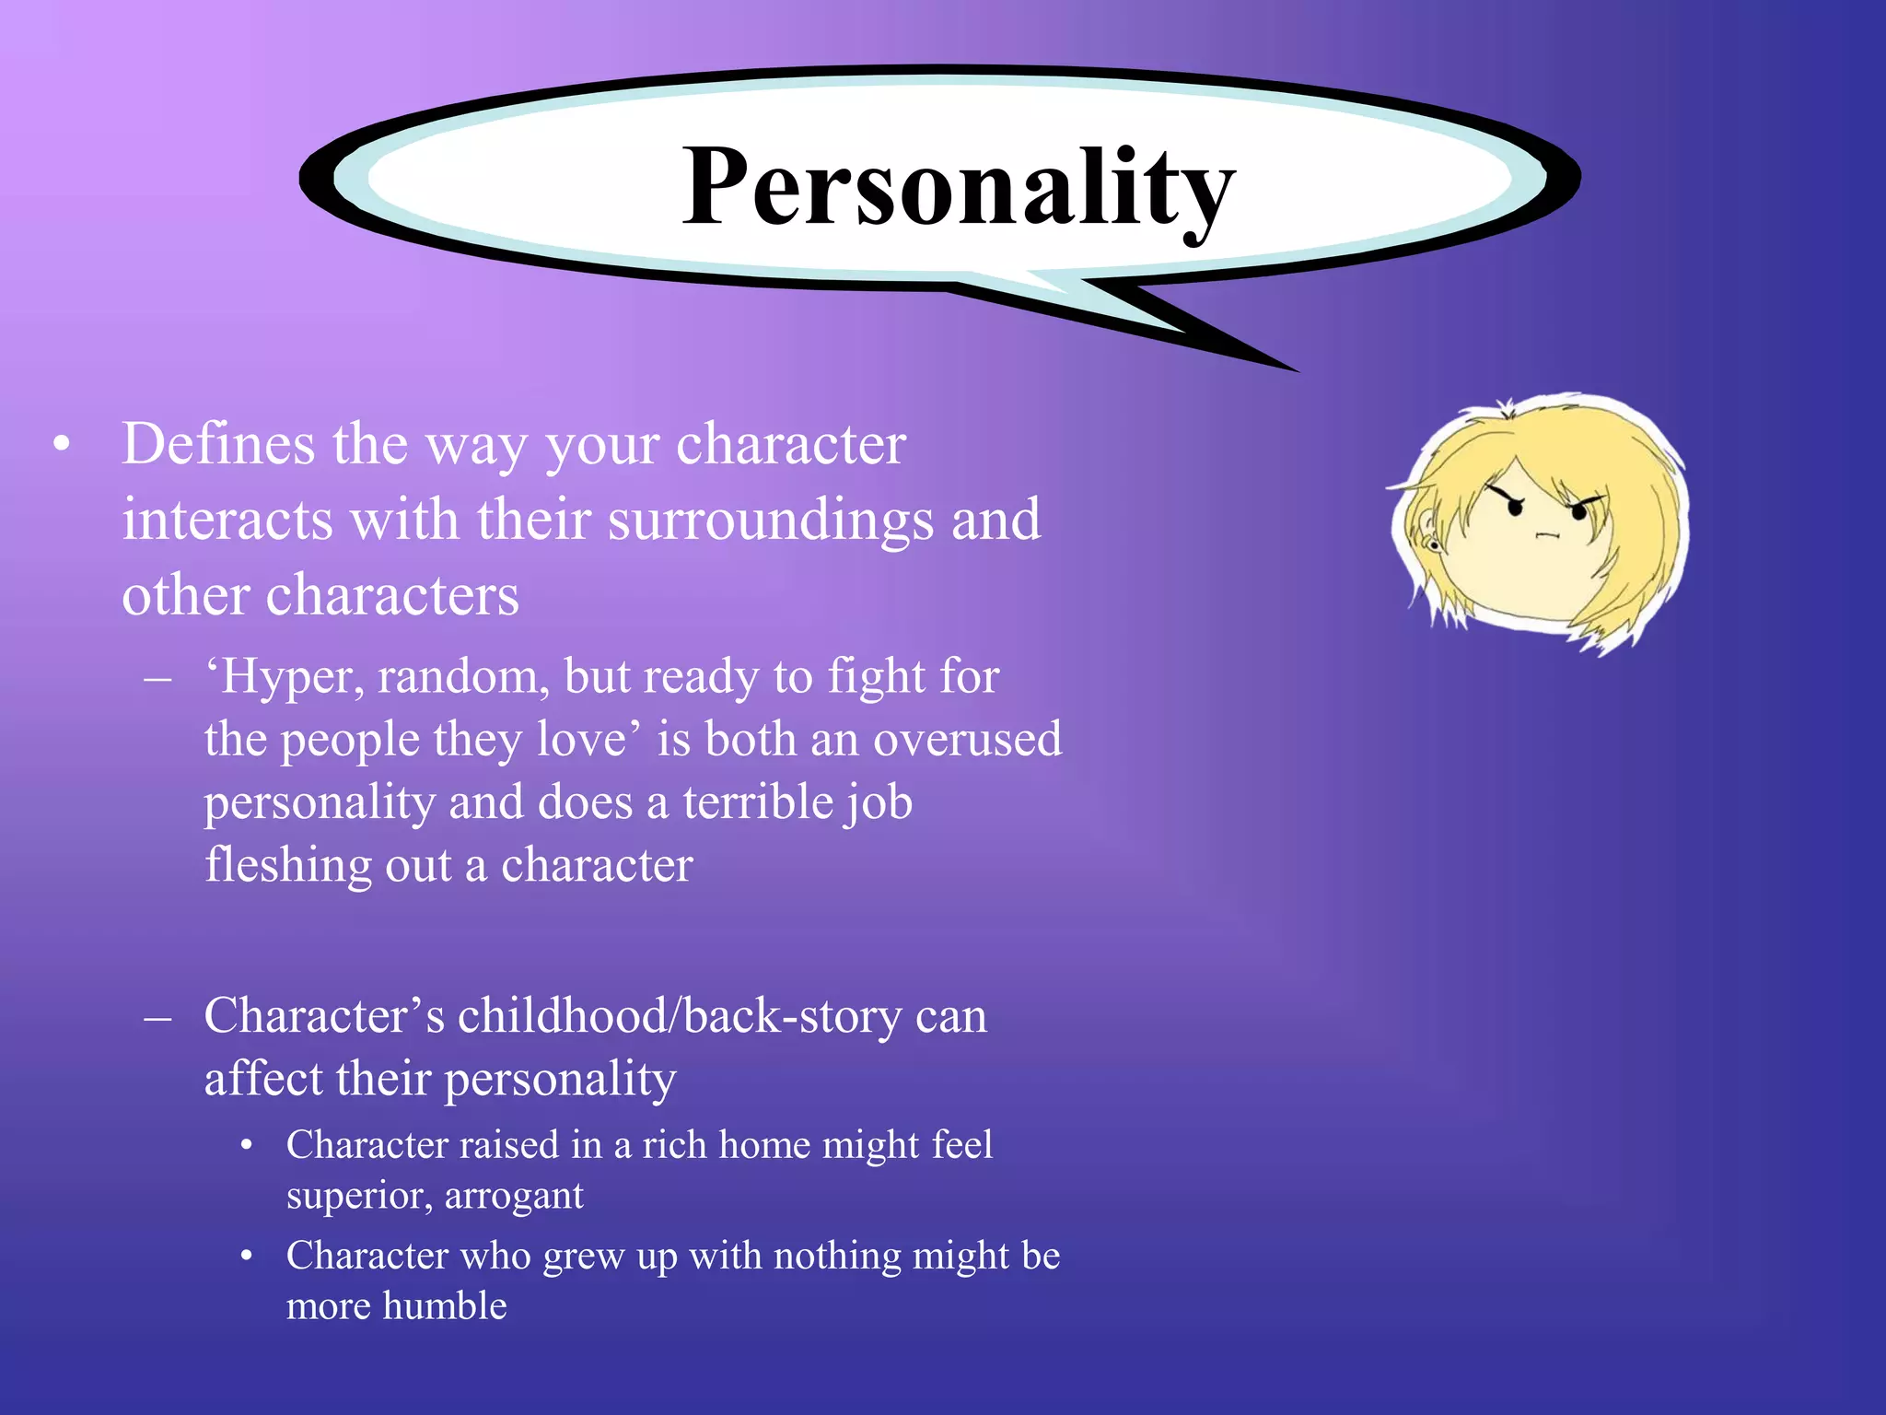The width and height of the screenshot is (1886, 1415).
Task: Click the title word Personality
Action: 958,189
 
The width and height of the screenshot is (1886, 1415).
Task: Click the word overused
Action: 967,740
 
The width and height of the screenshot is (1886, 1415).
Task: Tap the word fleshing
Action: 288,866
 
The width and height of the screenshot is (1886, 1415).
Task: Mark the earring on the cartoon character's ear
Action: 1434,545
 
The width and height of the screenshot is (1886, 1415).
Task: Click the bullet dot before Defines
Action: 62,445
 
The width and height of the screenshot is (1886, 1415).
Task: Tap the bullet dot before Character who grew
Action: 246,1257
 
